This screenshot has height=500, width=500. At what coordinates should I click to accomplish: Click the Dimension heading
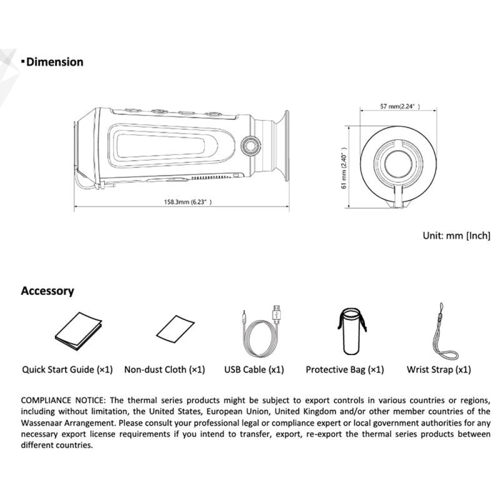(x=54, y=62)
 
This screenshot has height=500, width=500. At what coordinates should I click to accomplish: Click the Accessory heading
(x=47, y=291)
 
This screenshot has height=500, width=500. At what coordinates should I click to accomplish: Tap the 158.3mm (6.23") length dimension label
(x=188, y=201)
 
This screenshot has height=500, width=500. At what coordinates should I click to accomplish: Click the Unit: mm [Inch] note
(x=456, y=235)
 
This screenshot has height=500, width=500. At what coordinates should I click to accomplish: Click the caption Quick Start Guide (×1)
(x=67, y=370)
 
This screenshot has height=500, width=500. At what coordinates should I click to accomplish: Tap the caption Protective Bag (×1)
(x=345, y=370)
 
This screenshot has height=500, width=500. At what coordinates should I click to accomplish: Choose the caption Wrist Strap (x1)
(x=438, y=370)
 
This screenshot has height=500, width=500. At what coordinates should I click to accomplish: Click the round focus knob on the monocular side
(x=248, y=145)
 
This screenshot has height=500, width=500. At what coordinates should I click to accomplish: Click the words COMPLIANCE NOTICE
(x=63, y=400)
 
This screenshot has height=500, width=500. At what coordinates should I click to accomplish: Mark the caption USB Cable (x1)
(x=254, y=370)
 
